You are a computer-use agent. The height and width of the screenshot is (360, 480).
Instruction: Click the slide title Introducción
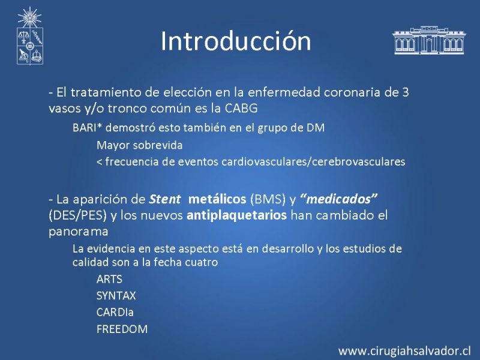pos(236,41)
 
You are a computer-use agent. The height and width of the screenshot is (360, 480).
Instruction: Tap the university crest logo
pos(29,36)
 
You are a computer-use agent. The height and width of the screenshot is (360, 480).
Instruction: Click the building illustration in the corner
pos(429,40)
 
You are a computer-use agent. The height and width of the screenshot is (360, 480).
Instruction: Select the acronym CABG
pos(241,109)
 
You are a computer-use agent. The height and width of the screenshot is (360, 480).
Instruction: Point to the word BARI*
pos(87,128)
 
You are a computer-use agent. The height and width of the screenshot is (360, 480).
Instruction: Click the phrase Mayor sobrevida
pos(140,145)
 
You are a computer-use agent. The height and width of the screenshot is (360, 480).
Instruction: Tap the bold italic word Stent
pos(164,199)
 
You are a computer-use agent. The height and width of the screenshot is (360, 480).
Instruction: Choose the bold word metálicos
pos(217,199)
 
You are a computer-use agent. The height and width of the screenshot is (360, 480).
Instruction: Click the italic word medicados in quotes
pos(338,199)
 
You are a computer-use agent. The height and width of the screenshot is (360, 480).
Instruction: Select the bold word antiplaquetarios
pos(236,215)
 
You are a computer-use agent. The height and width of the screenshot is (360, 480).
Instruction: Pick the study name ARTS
pos(109,279)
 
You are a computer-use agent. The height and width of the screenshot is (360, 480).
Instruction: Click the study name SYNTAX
pos(116,296)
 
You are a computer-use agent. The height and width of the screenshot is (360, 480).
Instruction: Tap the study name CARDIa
pos(115,312)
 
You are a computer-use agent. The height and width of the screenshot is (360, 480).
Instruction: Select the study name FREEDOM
pos(122,329)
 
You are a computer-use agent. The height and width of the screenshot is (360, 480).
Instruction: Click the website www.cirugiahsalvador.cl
pos(404,351)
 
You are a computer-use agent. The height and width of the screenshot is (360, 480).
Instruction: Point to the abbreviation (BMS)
pos(268,199)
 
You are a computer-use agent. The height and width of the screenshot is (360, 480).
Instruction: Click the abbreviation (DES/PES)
pos(78,215)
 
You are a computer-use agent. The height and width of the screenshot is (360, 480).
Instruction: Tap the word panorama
pos(79,232)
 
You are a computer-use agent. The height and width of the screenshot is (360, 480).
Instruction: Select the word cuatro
pos(201,262)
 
